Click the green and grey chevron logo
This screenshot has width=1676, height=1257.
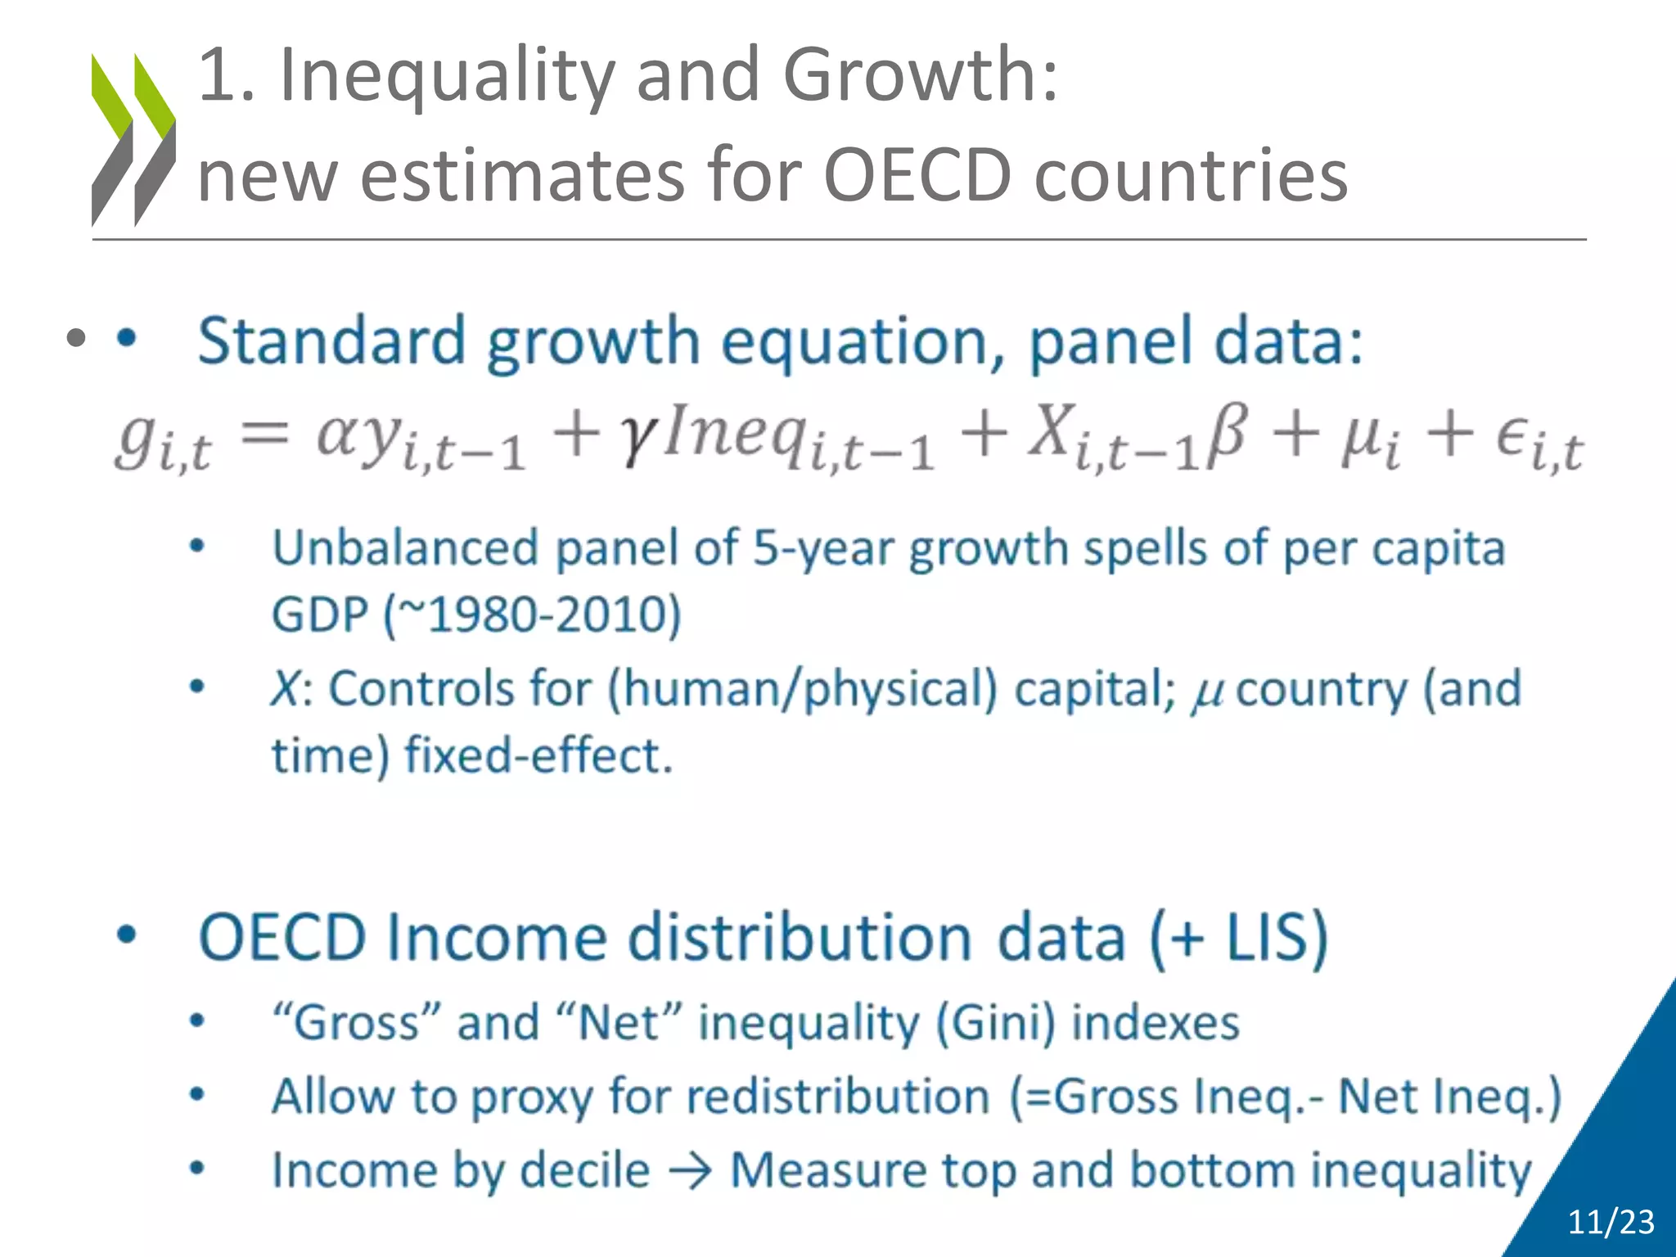click(133, 139)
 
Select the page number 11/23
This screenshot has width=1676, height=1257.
click(1610, 1223)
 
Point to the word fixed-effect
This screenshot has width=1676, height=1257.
click(538, 755)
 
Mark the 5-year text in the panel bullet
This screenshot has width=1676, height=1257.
click(822, 548)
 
